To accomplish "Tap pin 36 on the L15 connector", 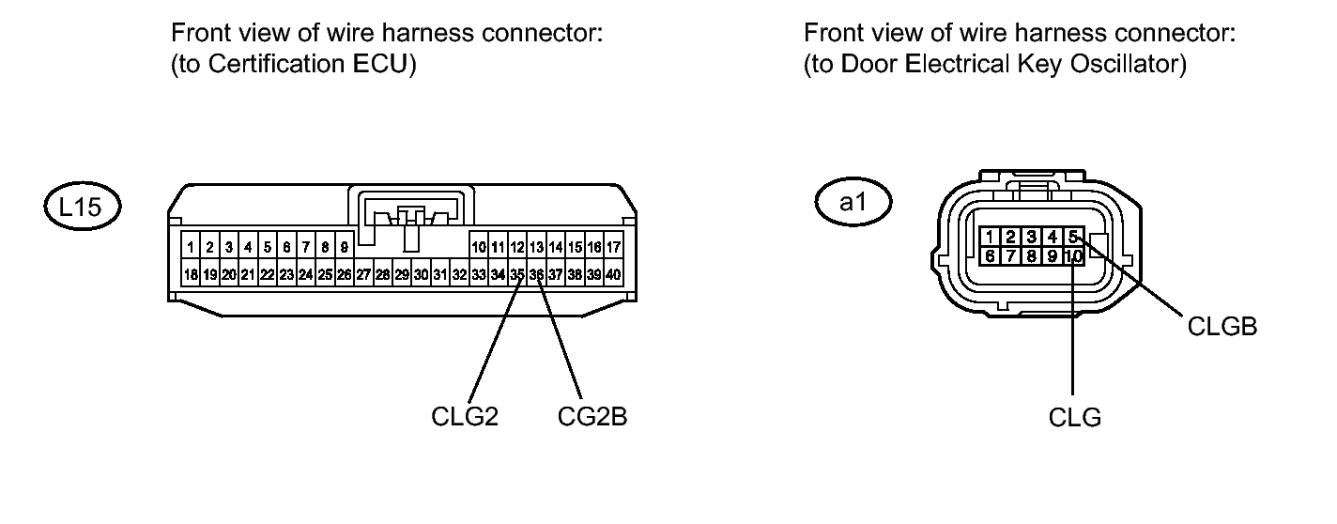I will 536,275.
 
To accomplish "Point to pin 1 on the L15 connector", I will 191,249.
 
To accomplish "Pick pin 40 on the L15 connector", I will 613,275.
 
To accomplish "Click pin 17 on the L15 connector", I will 613,249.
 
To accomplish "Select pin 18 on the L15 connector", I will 191,275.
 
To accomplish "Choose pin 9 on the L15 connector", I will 344,249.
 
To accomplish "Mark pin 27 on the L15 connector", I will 363,275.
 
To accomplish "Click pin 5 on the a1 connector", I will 1074,237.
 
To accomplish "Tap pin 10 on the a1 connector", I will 1074,255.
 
